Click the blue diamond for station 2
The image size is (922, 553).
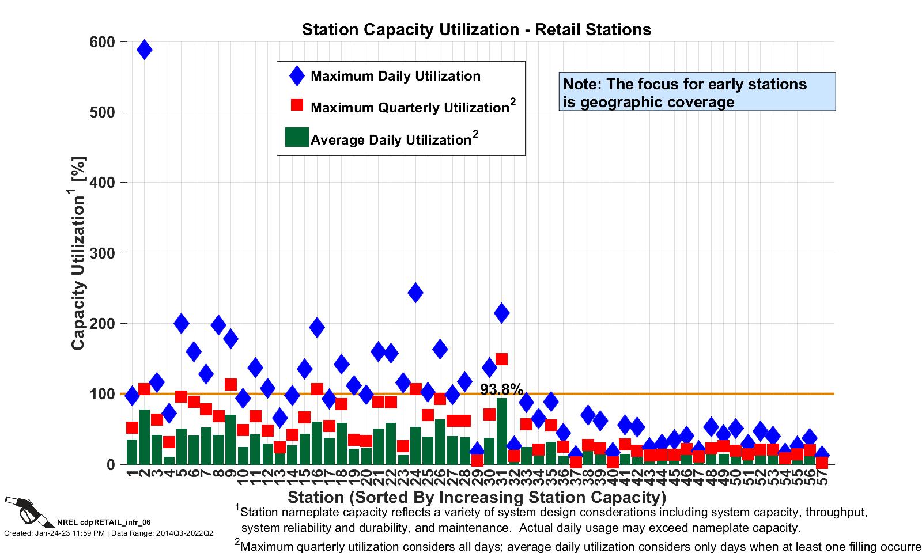[x=145, y=50]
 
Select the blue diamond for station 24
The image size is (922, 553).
[x=415, y=293]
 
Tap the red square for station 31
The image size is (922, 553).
[x=501, y=359]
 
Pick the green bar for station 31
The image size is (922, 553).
[x=501, y=432]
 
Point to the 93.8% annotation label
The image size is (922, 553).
[x=501, y=390]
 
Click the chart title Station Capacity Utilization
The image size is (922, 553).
[x=477, y=29]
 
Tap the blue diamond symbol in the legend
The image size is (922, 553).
[x=297, y=76]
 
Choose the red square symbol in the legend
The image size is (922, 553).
[x=297, y=105]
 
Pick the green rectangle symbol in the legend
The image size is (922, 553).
[x=297, y=137]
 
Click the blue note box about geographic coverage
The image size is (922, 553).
[x=697, y=92]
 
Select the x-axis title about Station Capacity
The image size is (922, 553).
[x=477, y=497]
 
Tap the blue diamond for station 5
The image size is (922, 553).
[x=182, y=323]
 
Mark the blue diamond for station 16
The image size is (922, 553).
[x=317, y=327]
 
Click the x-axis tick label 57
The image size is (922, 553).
[x=822, y=477]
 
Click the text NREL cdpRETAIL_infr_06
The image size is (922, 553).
[x=104, y=522]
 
